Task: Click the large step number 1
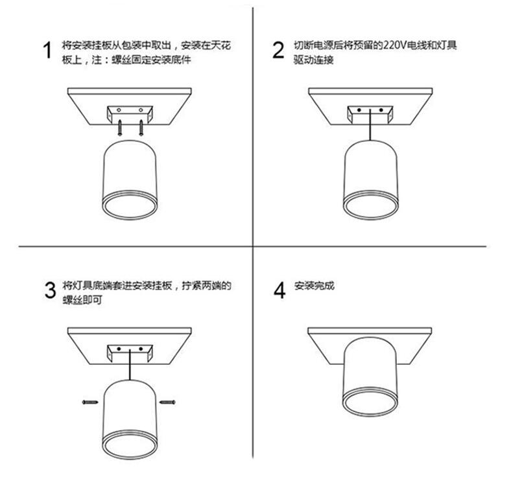[47, 50]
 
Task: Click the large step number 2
[278, 50]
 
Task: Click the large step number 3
[50, 290]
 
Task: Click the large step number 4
[279, 290]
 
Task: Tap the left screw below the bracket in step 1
[120, 128]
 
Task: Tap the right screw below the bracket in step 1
[141, 128]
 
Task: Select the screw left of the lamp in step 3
[90, 402]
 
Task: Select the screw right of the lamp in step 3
[167, 402]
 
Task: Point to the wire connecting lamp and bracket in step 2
[370, 125]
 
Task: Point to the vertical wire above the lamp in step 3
[130, 364]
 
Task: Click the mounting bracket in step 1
[130, 114]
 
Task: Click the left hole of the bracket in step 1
[119, 110]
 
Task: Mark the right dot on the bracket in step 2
[381, 110]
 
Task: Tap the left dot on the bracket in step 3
[119, 349]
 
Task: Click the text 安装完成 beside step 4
[314, 286]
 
